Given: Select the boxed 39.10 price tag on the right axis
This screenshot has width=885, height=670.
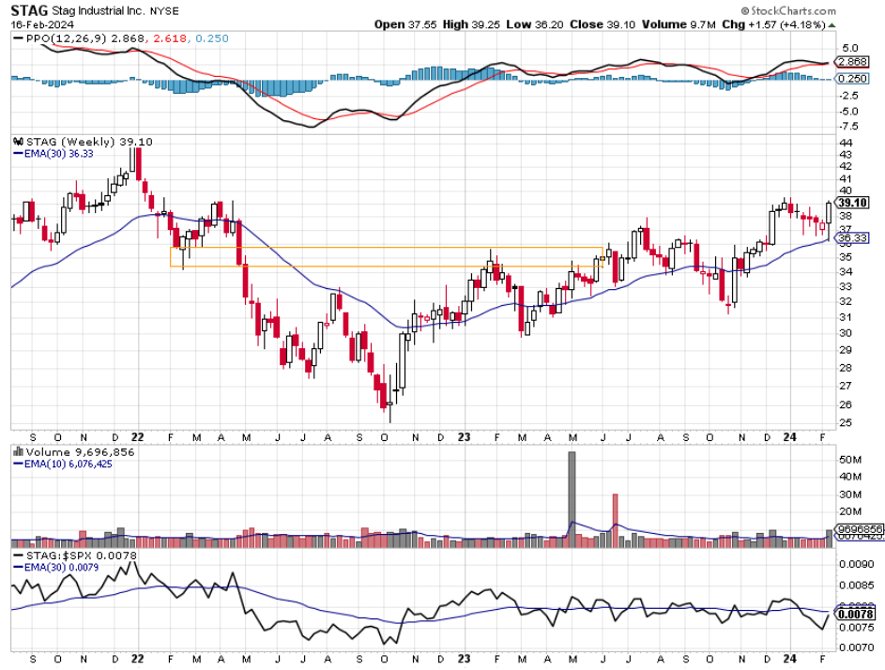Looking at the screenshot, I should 851,203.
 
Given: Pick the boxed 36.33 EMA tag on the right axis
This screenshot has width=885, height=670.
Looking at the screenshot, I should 851,238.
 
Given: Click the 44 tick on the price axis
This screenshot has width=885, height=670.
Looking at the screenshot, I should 845,141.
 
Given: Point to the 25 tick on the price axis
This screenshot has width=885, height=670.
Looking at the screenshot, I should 845,422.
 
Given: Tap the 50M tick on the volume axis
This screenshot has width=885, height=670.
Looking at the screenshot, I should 849,460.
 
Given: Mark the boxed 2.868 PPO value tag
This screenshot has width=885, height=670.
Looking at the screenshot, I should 851,61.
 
